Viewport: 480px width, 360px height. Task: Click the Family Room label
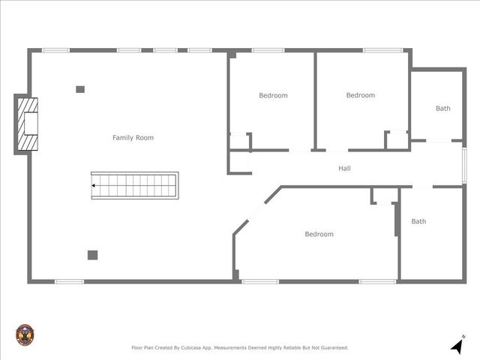[x=133, y=138]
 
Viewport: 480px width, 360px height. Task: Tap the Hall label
[x=344, y=169]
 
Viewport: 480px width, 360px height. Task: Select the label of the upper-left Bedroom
[x=273, y=95]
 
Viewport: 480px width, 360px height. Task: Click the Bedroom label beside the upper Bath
[x=360, y=95]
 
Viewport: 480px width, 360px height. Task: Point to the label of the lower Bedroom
[x=319, y=234]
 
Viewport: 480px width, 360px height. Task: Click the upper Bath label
[x=443, y=109]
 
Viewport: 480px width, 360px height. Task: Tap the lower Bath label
[x=418, y=221]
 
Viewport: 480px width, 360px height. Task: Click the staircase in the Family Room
[x=135, y=185]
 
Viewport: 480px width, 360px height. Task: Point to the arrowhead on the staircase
[x=94, y=185]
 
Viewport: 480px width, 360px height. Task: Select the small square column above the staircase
[x=80, y=89]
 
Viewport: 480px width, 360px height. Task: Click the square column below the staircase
[x=92, y=255]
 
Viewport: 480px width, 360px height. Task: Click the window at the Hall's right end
[x=464, y=165]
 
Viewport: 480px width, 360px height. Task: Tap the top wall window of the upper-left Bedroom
[x=268, y=50]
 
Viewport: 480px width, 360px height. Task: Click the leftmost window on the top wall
[x=55, y=50]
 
